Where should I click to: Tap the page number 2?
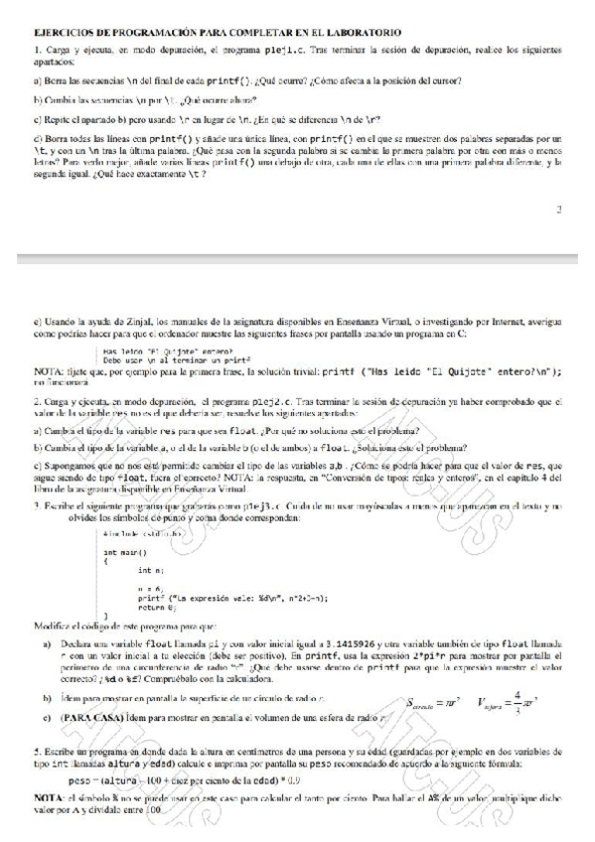click(x=558, y=210)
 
